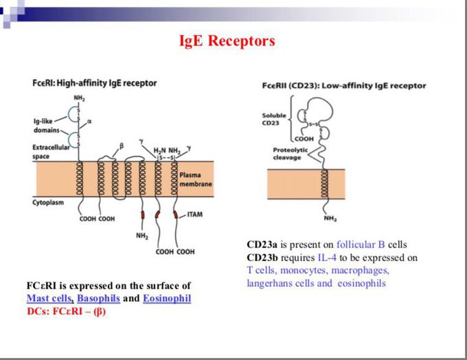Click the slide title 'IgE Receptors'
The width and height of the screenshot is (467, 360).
click(227, 41)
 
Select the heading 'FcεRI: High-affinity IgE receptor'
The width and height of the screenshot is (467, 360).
click(95, 83)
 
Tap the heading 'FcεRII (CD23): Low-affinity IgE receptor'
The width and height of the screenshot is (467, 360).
click(343, 86)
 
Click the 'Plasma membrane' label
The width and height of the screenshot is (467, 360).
click(196, 180)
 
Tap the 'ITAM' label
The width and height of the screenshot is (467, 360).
click(195, 214)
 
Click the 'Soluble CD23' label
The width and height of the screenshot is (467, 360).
click(274, 119)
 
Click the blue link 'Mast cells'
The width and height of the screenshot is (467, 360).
click(49, 299)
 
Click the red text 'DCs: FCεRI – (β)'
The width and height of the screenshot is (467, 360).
click(66, 311)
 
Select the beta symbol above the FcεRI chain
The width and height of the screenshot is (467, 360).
click(121, 146)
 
